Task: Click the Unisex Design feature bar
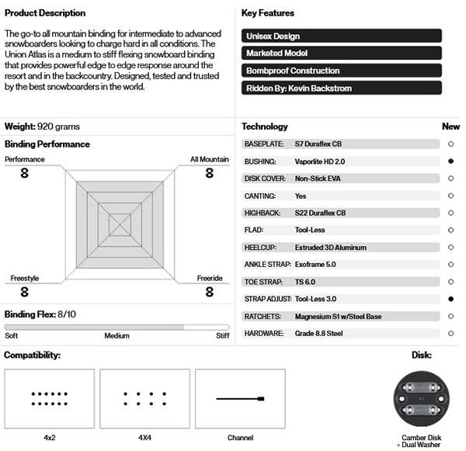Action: [342, 36]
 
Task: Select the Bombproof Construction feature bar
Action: [342, 71]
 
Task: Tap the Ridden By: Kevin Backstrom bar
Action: [342, 88]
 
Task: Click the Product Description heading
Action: [45, 13]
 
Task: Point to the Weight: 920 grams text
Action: [43, 127]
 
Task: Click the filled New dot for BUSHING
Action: [450, 161]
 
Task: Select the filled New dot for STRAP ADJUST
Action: [450, 299]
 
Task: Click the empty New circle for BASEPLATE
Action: [450, 144]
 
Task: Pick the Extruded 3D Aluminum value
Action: [331, 248]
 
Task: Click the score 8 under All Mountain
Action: [209, 172]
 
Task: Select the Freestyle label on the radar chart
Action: [24, 278]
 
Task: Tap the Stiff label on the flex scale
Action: [222, 336]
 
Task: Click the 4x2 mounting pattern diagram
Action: [49, 399]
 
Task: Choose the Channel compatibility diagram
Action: [240, 399]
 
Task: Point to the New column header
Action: [450, 127]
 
